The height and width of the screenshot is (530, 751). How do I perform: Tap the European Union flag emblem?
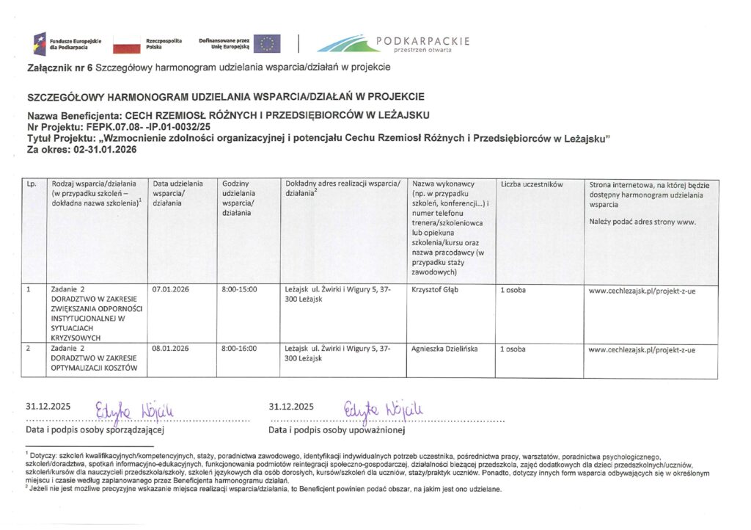[267, 43]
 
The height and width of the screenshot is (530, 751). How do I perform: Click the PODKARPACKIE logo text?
[422, 41]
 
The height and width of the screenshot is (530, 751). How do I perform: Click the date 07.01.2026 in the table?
[170, 289]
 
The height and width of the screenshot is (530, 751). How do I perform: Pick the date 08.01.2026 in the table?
[170, 349]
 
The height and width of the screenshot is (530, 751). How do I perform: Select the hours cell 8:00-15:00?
[239, 289]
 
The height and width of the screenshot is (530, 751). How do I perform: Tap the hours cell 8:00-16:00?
[239, 349]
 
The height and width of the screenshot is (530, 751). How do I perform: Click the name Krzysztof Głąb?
[437, 289]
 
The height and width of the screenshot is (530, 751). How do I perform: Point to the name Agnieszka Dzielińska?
[445, 349]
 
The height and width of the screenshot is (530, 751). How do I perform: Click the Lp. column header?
[32, 184]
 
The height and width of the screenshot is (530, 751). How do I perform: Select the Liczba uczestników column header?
[530, 184]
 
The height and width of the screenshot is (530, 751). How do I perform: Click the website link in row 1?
[642, 289]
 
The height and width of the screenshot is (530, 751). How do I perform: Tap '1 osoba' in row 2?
[513, 349]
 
